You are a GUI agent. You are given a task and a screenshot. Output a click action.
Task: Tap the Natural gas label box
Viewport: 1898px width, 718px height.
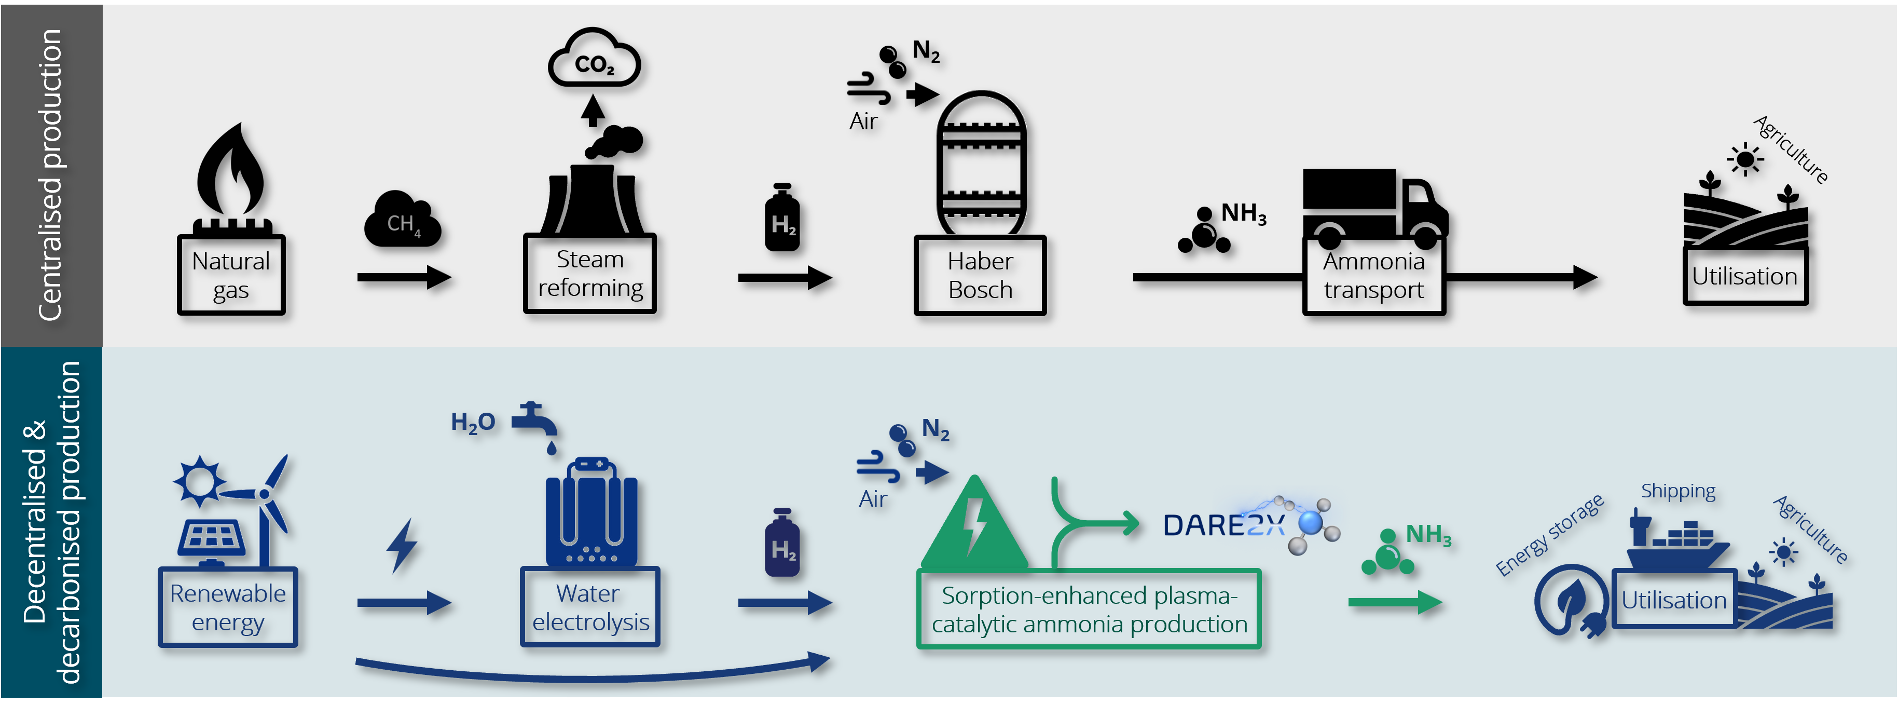(x=230, y=275)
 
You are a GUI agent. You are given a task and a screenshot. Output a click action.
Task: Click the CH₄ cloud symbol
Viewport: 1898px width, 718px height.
(x=402, y=221)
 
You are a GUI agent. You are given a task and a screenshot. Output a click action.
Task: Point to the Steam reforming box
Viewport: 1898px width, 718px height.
(x=589, y=274)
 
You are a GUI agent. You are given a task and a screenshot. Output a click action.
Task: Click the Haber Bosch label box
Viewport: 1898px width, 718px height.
(x=980, y=275)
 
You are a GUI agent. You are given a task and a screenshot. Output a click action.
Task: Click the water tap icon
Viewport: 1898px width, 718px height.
(x=537, y=424)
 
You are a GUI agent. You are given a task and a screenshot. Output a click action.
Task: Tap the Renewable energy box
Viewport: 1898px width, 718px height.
(x=228, y=607)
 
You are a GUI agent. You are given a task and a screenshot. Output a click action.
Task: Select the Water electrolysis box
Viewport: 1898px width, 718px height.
(x=590, y=607)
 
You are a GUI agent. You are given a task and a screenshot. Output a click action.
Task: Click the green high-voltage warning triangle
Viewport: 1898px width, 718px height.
(x=974, y=524)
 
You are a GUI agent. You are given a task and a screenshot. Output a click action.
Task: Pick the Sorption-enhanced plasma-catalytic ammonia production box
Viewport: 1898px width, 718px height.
(x=1089, y=609)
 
